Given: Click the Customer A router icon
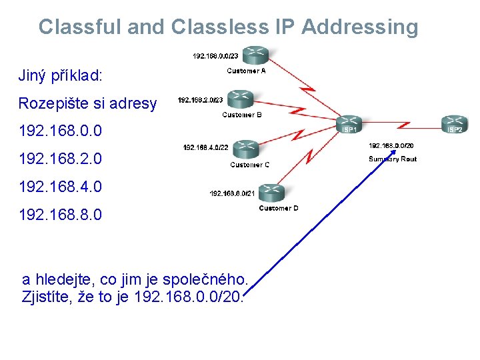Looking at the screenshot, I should pyautogui.click(x=253, y=54).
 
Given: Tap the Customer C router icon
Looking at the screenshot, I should pyautogui.click(x=245, y=147).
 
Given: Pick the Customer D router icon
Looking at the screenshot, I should pyautogui.click(x=272, y=192).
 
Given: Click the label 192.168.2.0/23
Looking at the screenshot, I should pyautogui.click(x=200, y=101).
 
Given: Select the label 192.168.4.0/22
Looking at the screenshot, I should pyautogui.click(x=205, y=147).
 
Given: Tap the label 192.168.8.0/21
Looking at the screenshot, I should pyautogui.click(x=233, y=193).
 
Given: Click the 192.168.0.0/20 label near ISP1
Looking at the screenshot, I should pyautogui.click(x=391, y=145).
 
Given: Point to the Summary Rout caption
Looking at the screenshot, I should pyautogui.click(x=392, y=159).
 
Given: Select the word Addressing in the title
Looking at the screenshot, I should pyautogui.click(x=359, y=27).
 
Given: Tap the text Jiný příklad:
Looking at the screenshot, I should pyautogui.click(x=60, y=75).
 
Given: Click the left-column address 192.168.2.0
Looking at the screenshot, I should pyautogui.click(x=61, y=159).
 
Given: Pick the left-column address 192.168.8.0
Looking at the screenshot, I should pyautogui.click(x=61, y=215).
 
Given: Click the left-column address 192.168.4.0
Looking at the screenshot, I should pyautogui.click(x=61, y=187).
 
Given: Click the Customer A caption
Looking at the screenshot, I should pyautogui.click(x=246, y=71).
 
